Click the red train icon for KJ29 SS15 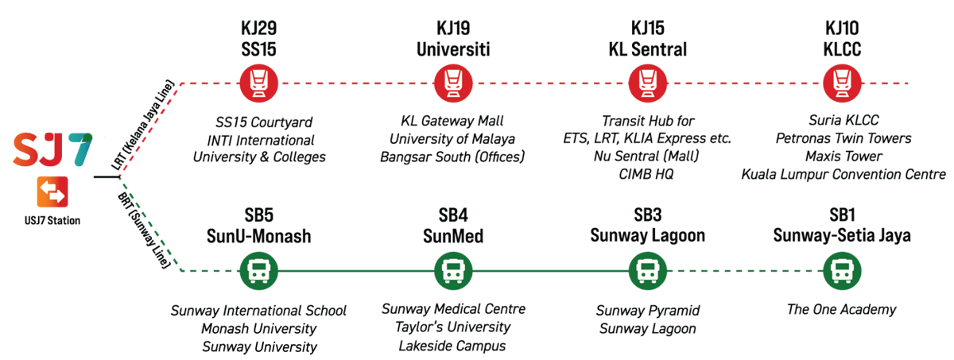(258, 83)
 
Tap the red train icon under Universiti (453, 83)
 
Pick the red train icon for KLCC (842, 83)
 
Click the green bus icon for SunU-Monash (258, 272)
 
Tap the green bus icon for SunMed (453, 272)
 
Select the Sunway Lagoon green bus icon (646, 272)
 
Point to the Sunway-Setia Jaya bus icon (842, 272)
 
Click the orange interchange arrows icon (52, 192)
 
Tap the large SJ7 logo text (52, 150)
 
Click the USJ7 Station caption (52, 221)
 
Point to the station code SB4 (453, 215)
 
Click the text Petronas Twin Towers (843, 138)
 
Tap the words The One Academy (842, 310)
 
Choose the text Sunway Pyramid (647, 310)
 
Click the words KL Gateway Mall (452, 121)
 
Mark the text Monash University (258, 328)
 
